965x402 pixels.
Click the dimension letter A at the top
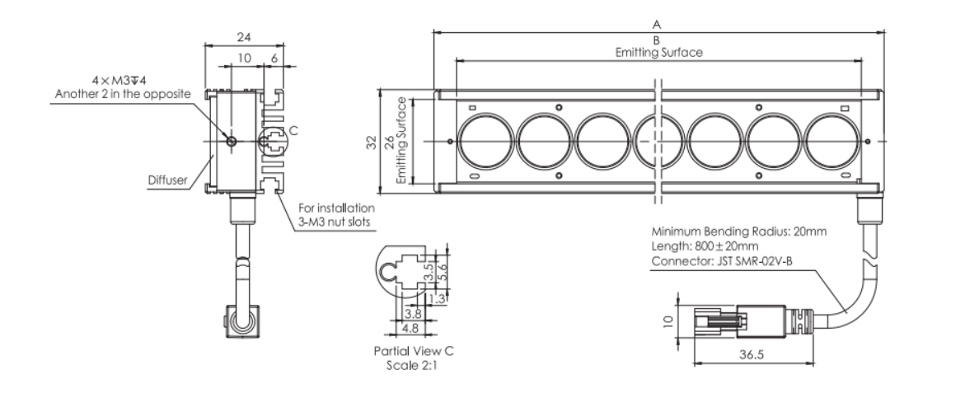[658, 25]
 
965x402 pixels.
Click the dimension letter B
[658, 40]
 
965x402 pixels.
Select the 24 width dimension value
[243, 37]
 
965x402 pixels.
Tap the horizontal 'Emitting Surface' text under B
[658, 52]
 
